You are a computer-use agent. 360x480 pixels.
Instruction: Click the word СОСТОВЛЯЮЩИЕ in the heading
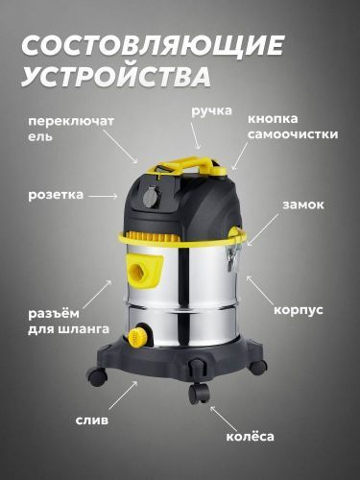click(153, 45)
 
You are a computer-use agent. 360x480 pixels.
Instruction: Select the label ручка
click(211, 111)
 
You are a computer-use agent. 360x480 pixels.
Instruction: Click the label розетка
click(55, 194)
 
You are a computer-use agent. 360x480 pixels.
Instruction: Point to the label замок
click(302, 204)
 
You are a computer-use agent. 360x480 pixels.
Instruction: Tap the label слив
click(92, 420)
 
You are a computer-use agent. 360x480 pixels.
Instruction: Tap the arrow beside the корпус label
click(256, 286)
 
